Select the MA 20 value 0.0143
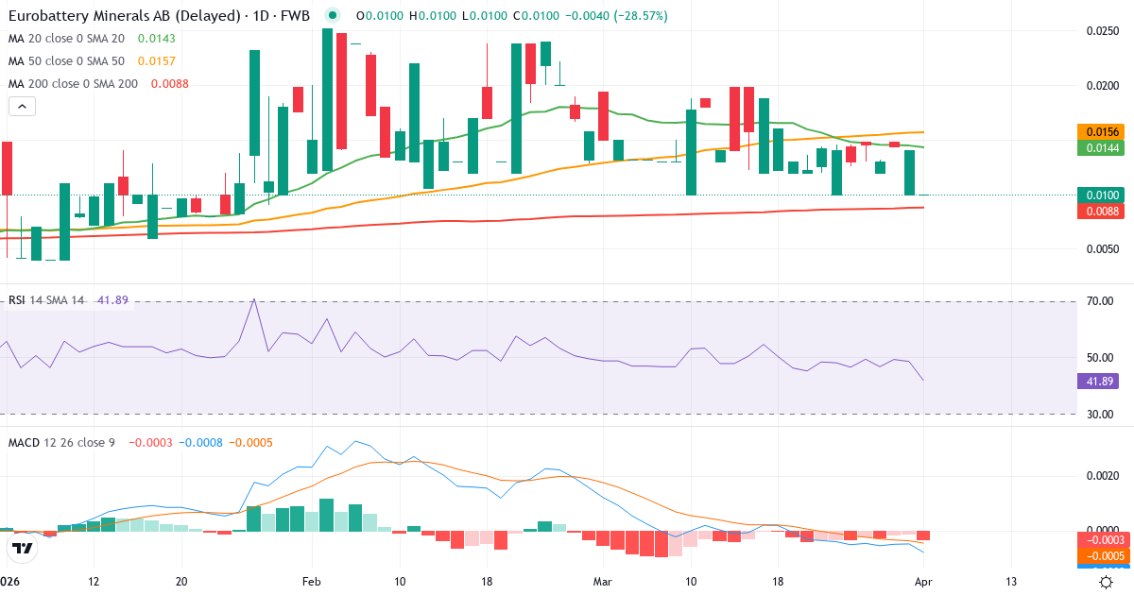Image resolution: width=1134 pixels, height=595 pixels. click(x=156, y=39)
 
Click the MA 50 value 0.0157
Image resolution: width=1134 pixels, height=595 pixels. click(x=156, y=60)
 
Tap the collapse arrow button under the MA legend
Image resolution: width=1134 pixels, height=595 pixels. click(x=22, y=107)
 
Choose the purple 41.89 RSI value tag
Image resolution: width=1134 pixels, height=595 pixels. click(x=1097, y=382)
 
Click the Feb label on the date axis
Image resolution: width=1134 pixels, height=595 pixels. click(x=311, y=581)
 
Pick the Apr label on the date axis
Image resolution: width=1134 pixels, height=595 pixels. click(x=923, y=581)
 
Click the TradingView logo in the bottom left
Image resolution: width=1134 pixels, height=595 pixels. click(x=21, y=548)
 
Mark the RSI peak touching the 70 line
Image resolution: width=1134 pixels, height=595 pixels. click(x=253, y=300)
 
